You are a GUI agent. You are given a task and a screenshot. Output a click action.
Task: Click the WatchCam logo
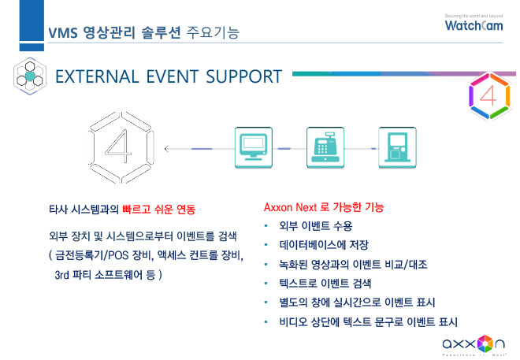click(474, 23)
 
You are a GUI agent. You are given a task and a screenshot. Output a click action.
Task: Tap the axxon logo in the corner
click(474, 346)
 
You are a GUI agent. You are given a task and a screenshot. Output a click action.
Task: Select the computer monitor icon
click(254, 147)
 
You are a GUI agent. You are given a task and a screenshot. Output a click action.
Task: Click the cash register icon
click(325, 147)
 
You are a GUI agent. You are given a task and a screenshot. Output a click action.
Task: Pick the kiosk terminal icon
click(397, 147)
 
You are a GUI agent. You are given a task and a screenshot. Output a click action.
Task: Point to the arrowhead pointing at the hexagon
click(166, 149)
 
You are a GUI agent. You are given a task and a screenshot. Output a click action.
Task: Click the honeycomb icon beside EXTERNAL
click(30, 76)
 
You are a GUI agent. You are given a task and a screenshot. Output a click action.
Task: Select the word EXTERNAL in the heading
click(97, 76)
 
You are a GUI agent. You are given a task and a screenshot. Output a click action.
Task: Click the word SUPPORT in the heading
click(243, 76)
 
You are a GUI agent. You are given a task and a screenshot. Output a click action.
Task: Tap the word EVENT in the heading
click(172, 76)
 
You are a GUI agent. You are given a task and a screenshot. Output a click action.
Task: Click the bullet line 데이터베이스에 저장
click(324, 245)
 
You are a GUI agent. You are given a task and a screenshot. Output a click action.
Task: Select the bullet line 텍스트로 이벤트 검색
click(325, 284)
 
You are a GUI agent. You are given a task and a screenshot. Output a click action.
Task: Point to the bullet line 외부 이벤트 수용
click(315, 226)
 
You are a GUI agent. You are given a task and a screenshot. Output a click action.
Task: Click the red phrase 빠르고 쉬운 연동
click(159, 210)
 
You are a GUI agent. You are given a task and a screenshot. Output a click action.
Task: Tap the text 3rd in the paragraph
click(61, 275)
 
